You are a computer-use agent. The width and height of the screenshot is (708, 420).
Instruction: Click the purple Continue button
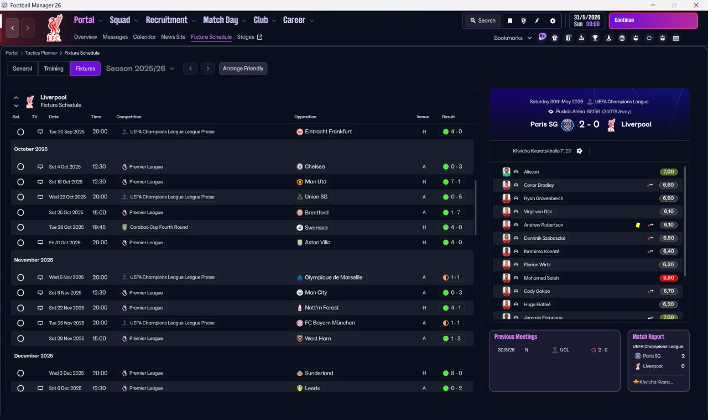pos(653,20)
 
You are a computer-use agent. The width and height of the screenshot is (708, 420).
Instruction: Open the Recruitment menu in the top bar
pos(166,20)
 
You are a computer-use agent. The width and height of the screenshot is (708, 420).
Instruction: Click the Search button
pos(482,20)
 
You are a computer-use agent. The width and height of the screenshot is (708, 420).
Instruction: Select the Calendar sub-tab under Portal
pos(144,37)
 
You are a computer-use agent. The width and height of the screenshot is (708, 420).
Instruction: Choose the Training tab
pos(54,69)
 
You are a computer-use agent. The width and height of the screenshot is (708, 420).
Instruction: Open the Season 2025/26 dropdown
pos(140,69)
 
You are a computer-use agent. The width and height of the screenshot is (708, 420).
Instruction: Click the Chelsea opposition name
pos(315,166)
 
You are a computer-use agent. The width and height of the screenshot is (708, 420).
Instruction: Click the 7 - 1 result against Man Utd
pos(456,182)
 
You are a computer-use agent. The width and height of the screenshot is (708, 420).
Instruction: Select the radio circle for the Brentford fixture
pos(20,212)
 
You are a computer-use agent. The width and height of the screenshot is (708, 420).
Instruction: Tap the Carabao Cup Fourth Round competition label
pos(159,227)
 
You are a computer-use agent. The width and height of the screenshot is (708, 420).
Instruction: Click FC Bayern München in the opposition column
pos(330,323)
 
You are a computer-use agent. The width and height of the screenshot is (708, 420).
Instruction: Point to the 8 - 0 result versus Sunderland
pos(456,373)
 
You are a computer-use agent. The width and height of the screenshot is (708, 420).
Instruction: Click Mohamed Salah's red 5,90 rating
pos(668,278)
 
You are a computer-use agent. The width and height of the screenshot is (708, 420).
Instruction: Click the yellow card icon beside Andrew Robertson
pos(638,225)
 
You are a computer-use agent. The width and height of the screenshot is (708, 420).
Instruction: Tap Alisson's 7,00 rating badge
pos(668,172)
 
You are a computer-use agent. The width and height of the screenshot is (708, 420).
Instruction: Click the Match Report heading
pos(648,337)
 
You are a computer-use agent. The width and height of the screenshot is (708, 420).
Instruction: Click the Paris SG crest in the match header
pos(568,124)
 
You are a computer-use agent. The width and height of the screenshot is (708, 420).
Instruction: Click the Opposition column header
pos(305,117)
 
